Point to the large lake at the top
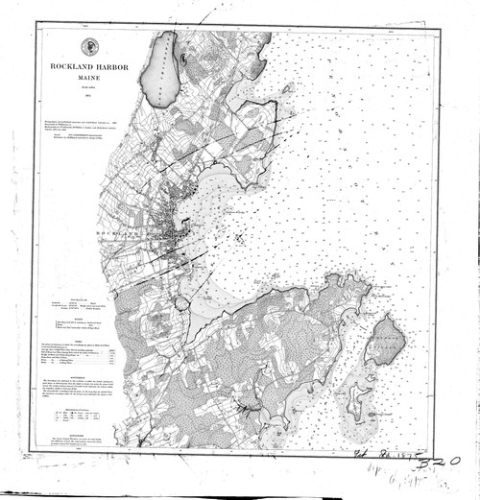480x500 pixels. coord(160,67)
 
